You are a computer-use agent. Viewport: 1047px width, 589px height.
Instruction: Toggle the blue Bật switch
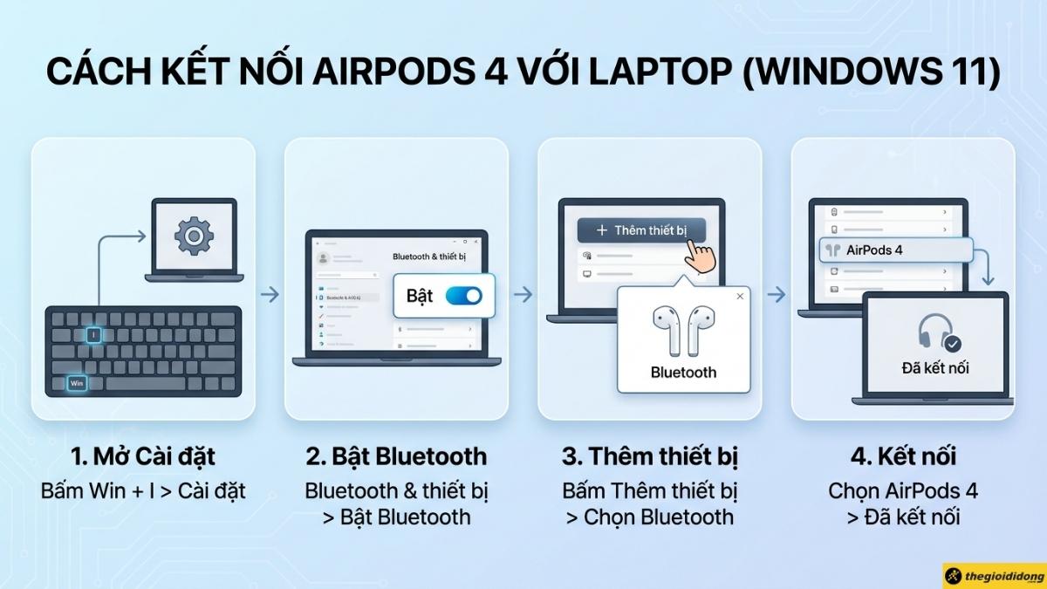[463, 296]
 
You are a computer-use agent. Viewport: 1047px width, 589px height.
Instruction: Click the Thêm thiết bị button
[641, 230]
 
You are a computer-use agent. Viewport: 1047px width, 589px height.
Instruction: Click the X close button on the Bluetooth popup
[740, 297]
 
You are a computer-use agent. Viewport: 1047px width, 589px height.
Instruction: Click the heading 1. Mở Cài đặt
[143, 456]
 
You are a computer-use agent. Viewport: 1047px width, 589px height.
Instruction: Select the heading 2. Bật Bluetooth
[396, 456]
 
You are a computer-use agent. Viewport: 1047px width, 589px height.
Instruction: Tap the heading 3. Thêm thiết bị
[649, 456]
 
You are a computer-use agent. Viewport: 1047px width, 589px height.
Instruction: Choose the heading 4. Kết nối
[903, 456]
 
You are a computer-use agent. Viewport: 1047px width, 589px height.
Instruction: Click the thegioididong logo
[994, 576]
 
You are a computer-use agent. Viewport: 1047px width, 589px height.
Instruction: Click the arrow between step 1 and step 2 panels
[270, 295]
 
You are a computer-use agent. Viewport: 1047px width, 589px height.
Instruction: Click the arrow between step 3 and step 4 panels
[776, 295]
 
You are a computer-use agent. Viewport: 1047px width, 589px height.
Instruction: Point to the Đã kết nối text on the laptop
[934, 368]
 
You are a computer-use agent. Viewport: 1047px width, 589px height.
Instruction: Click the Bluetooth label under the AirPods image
[683, 372]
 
